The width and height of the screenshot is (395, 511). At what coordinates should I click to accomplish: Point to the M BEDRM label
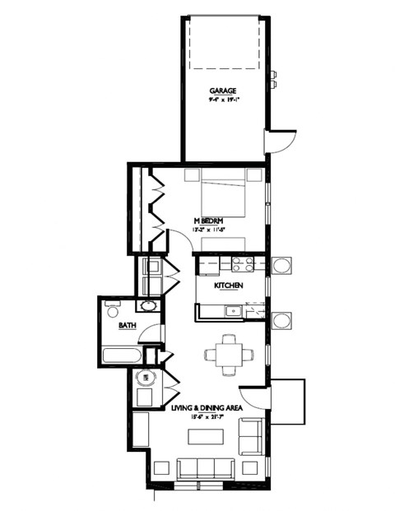click(208, 221)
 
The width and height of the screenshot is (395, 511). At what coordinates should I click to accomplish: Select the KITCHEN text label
click(227, 286)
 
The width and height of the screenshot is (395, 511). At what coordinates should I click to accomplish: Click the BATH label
click(127, 326)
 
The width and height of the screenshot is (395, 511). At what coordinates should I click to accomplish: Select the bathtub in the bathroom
click(122, 356)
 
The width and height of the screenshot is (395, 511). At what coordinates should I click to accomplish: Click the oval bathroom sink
click(148, 307)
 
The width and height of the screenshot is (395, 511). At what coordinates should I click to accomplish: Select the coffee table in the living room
click(203, 437)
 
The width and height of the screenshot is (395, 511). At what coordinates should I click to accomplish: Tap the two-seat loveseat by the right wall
click(250, 436)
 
